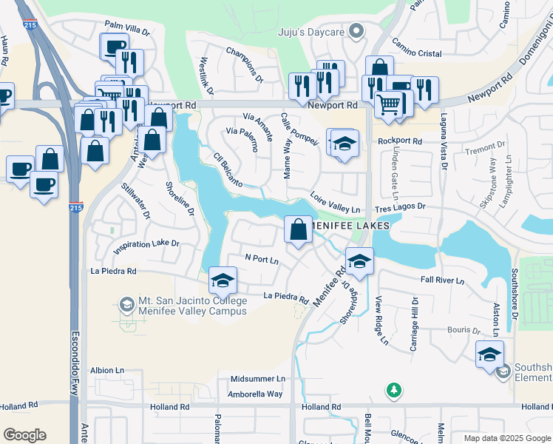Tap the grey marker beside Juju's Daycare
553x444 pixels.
click(x=357, y=31)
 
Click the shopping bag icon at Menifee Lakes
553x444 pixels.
click(x=298, y=229)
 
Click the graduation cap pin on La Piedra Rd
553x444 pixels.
click(x=222, y=280)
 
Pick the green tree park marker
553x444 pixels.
click(x=394, y=389)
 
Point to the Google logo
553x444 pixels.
click(x=24, y=435)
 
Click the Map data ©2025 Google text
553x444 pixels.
click(x=506, y=438)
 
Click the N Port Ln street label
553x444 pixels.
click(x=262, y=260)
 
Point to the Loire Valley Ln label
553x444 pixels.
click(x=335, y=204)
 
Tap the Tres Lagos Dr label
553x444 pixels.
click(x=401, y=207)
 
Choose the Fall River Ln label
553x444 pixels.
click(x=442, y=280)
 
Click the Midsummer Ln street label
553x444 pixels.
click(x=257, y=379)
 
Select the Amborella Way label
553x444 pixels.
click(x=256, y=394)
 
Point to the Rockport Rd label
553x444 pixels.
click(x=399, y=141)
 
